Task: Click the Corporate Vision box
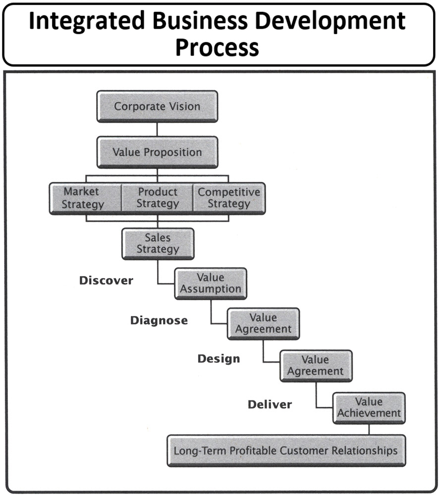[x=157, y=106]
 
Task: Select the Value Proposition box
[x=157, y=152]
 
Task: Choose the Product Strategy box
[x=157, y=198]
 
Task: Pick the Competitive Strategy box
[x=229, y=198]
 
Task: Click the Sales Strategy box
[x=158, y=243]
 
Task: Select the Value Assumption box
[x=210, y=283]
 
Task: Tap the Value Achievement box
[x=369, y=407]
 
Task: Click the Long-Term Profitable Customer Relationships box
[x=286, y=450]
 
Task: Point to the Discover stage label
[x=106, y=280]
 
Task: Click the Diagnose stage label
[x=159, y=321]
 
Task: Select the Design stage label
[x=219, y=359]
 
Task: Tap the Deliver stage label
[x=270, y=404]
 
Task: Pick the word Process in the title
[x=217, y=48]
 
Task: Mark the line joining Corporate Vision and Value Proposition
[x=157, y=129]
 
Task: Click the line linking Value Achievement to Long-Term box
[x=369, y=429]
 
